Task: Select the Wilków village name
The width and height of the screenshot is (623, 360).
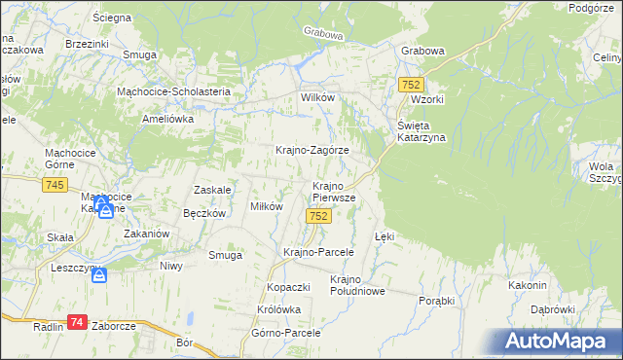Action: (318, 98)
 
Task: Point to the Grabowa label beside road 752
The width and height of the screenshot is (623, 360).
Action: (422, 52)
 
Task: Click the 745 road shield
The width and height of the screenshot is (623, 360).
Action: (55, 186)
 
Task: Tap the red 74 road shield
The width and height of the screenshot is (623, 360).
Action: (79, 322)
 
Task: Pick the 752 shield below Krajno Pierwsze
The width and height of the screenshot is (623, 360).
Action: (316, 216)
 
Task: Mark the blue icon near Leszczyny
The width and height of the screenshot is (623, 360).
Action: (99, 277)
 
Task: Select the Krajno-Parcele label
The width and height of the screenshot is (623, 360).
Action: (317, 252)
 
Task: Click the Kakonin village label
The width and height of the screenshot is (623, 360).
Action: (527, 285)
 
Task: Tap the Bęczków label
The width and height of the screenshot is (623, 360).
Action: (204, 213)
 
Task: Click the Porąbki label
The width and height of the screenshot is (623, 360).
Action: (436, 301)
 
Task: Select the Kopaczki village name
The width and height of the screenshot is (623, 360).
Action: (288, 288)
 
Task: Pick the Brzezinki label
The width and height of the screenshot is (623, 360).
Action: (87, 44)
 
